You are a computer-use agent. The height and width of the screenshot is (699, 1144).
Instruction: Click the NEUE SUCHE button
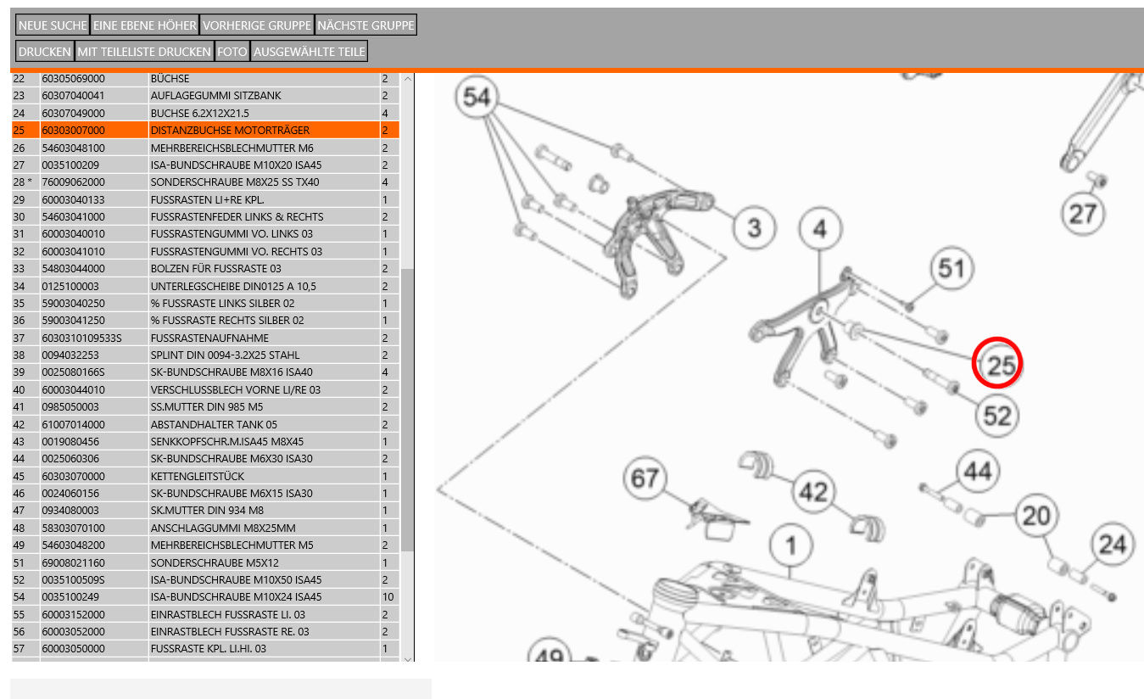(x=53, y=25)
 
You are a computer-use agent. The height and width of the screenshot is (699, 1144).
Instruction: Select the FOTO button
(x=232, y=52)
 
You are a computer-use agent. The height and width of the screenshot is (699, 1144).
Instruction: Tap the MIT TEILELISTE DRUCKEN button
(x=144, y=52)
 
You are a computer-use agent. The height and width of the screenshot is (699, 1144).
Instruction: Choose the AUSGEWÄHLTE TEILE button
(x=310, y=52)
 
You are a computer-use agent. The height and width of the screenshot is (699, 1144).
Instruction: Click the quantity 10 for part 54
(x=388, y=597)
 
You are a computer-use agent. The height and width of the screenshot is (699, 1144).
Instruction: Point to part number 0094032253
(x=70, y=355)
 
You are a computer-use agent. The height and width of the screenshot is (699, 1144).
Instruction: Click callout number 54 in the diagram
(x=477, y=98)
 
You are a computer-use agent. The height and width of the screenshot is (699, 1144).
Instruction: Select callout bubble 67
(x=645, y=479)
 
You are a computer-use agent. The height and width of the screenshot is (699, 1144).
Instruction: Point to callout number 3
(x=753, y=227)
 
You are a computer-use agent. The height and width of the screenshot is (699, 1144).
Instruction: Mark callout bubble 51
(x=951, y=269)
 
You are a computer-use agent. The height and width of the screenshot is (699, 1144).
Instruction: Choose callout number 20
(x=1035, y=515)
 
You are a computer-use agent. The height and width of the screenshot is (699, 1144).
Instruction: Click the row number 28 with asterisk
(x=23, y=182)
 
